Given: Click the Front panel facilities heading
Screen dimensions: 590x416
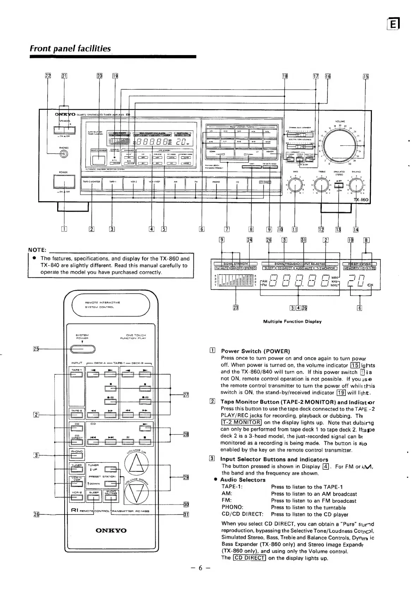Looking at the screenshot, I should click(x=70, y=49).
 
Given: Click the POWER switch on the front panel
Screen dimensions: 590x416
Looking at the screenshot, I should click(x=64, y=182).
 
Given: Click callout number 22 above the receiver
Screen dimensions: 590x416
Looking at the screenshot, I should click(x=48, y=76).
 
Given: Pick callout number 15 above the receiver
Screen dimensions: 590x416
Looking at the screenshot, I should click(x=366, y=76).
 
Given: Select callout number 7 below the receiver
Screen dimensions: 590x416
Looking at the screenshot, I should click(x=227, y=230).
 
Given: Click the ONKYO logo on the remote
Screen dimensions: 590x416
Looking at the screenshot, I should click(x=111, y=530).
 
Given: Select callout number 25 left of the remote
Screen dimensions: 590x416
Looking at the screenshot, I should click(x=36, y=349).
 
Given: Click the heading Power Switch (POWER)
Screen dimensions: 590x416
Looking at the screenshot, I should click(x=255, y=351).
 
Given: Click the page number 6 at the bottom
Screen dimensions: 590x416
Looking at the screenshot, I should click(x=200, y=578).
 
